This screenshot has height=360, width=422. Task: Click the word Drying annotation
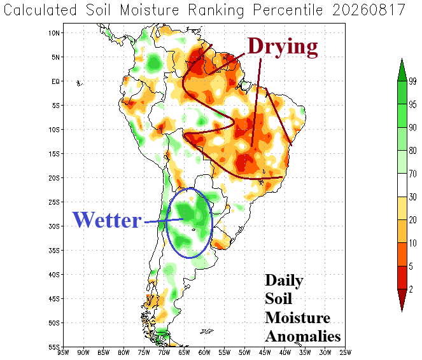283,47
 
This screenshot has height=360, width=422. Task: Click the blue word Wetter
107,220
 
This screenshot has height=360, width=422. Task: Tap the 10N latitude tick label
54,33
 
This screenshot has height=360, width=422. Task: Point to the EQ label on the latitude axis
56,81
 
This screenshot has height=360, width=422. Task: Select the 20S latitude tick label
54,178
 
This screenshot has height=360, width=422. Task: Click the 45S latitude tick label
54,299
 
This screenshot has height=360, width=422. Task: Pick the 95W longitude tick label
64,352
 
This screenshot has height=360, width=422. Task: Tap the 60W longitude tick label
204,352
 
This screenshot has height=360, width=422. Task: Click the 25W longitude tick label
346,352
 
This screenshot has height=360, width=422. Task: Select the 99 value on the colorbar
412,81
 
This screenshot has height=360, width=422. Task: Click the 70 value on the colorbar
412,174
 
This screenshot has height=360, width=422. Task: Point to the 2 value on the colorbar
411,289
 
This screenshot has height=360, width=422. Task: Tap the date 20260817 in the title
369,10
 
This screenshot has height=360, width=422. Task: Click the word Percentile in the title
288,10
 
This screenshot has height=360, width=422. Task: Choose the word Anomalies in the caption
303,336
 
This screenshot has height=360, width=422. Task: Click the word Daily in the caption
285,280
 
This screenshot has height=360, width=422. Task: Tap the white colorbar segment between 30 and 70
402,185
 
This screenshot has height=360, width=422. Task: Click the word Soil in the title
98,10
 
